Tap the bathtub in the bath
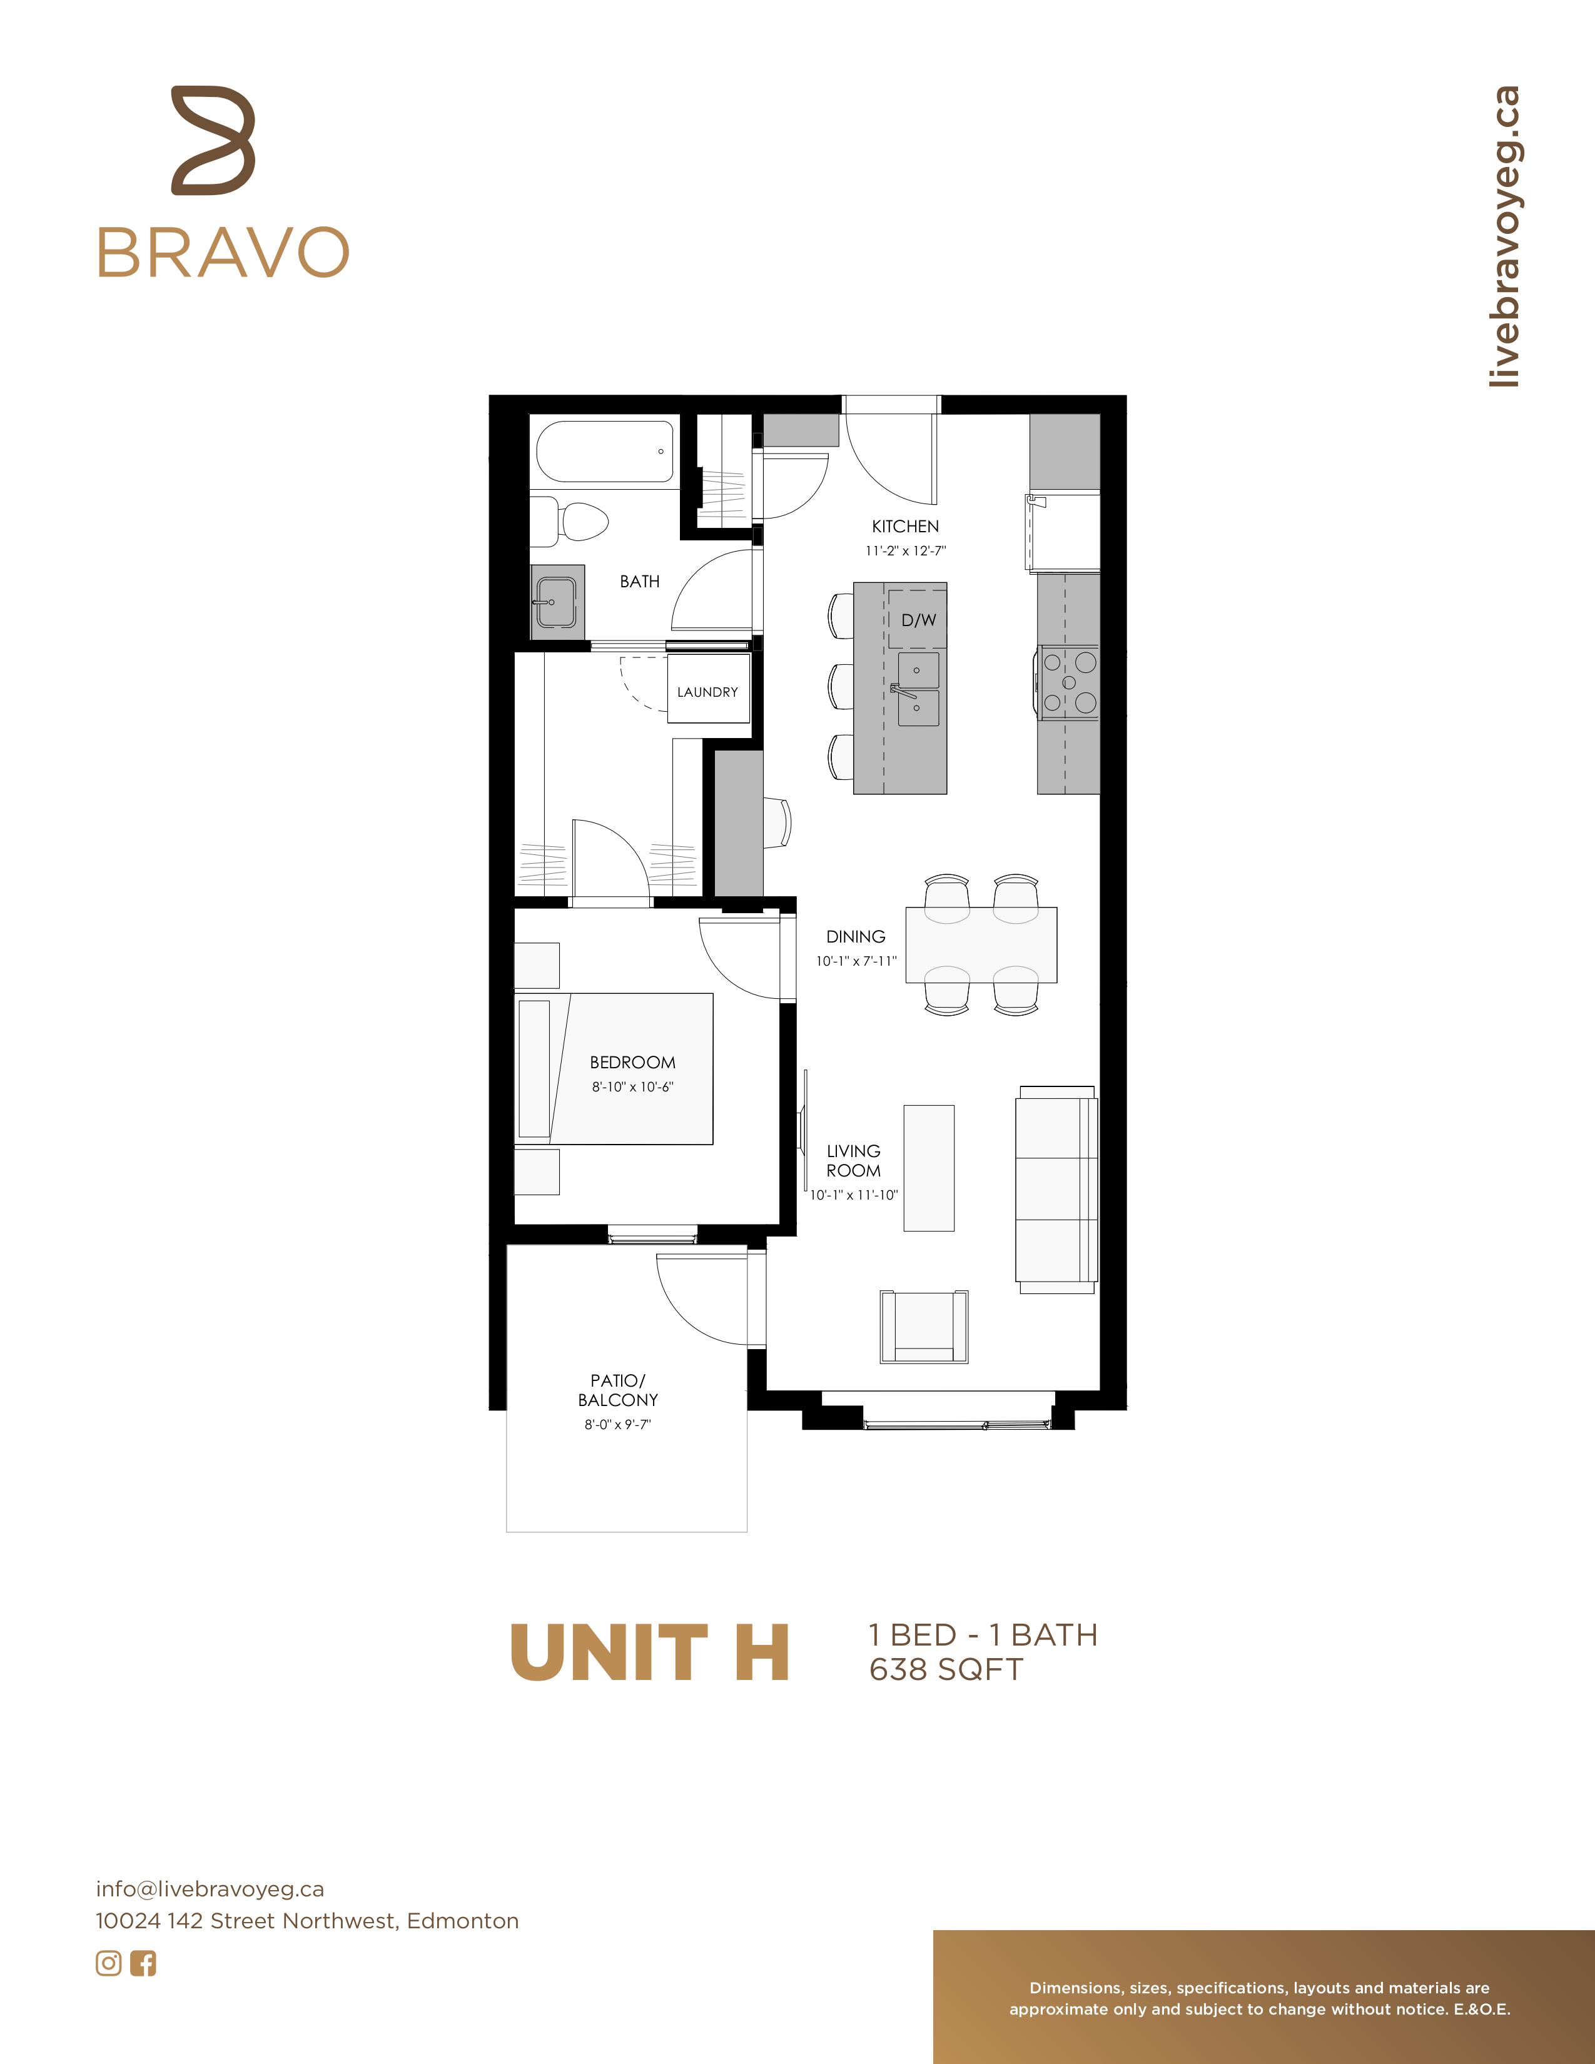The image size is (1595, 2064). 605,452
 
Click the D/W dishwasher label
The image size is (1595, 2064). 918,620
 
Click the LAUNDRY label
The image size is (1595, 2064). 707,692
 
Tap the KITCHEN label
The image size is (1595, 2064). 905,527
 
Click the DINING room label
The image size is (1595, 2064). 856,936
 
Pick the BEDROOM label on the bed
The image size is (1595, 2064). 633,1062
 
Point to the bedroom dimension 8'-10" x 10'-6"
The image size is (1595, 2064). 633,1087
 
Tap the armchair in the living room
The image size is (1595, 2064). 924,1327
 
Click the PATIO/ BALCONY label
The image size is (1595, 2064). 618,1390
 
